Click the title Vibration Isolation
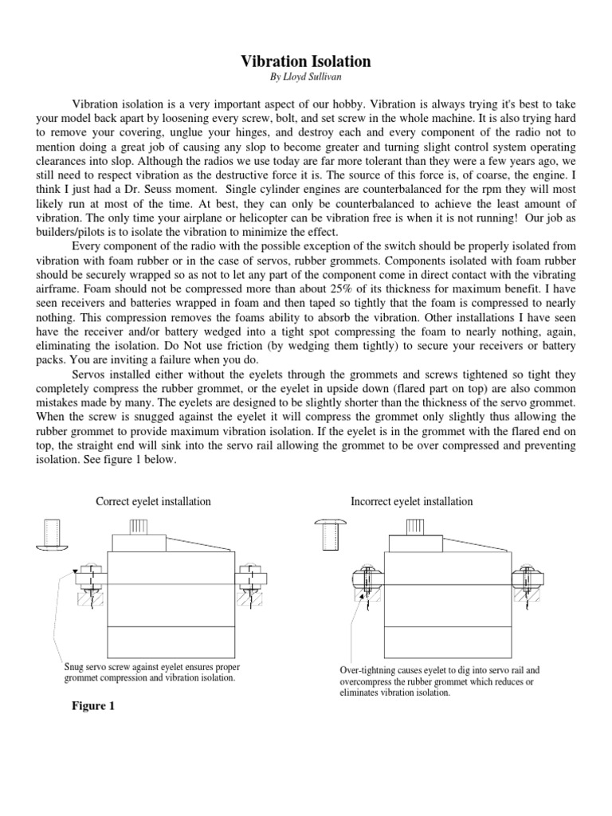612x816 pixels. coord(306,61)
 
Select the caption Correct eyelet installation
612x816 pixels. coord(153,501)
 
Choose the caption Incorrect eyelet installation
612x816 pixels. coord(411,501)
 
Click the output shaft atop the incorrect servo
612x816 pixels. coord(415,526)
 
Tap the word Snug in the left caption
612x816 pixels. coord(74,666)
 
